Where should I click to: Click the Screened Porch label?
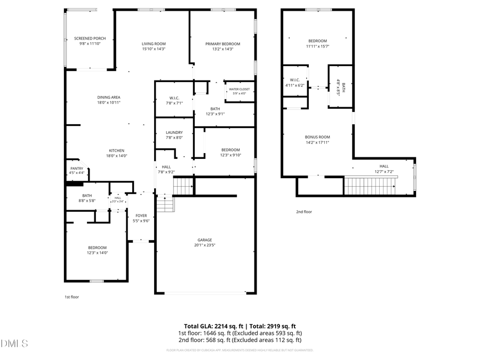tap(90, 38)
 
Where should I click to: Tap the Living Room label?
tap(154, 44)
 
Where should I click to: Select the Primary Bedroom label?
tap(223, 44)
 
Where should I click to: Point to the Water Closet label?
tap(239, 89)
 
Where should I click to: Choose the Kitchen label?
tap(117, 150)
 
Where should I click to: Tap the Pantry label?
tap(76, 168)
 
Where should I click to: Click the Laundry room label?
tap(174, 132)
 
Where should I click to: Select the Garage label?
tap(205, 240)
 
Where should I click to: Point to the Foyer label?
tap(141, 215)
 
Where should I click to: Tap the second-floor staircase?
tap(369, 186)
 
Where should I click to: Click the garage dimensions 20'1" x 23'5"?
tap(205, 245)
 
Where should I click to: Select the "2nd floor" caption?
tap(304, 212)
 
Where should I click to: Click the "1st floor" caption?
tap(71, 297)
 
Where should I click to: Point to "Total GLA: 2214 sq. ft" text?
tap(213, 326)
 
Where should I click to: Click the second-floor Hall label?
tap(384, 166)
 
